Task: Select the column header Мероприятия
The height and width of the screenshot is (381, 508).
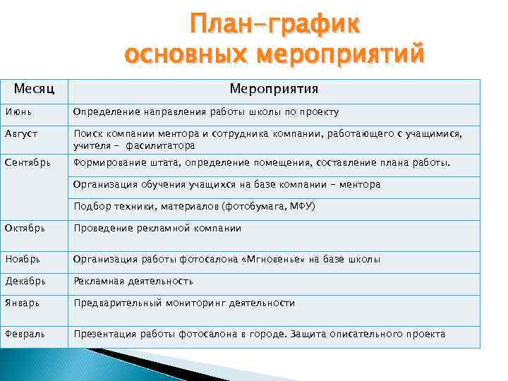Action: click(274, 89)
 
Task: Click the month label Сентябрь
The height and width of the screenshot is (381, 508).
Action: click(28, 163)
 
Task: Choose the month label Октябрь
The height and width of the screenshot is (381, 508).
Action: click(25, 228)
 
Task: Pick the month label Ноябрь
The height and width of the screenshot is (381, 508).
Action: click(22, 259)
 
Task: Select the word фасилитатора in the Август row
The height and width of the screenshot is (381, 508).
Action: click(160, 146)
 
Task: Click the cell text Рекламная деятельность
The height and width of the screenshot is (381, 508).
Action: click(133, 281)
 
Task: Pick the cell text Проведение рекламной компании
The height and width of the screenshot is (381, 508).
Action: click(157, 228)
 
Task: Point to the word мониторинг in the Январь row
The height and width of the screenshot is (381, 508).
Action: click(197, 303)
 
